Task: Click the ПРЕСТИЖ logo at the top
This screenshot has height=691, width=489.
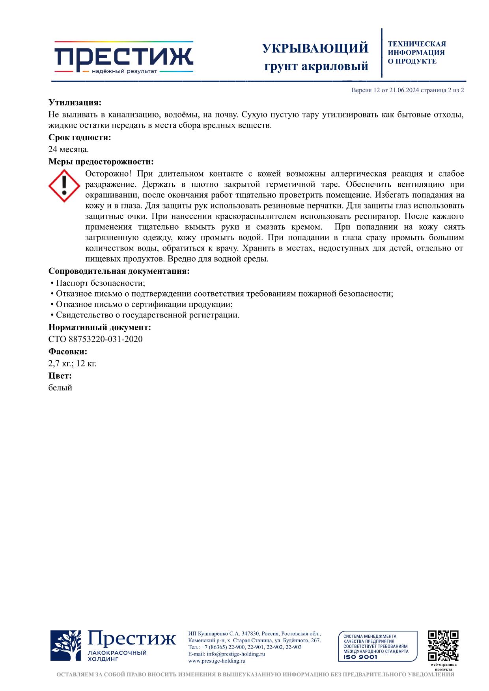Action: tap(123, 57)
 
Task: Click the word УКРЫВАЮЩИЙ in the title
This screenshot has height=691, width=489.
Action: tap(315, 48)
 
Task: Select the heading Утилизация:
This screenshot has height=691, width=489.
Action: tap(75, 103)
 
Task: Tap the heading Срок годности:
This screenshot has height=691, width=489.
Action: tap(80, 137)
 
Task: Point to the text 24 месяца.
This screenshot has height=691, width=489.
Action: tap(69, 149)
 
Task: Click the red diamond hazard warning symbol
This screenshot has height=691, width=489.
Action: tap(64, 186)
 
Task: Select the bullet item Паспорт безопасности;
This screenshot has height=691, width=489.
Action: tap(100, 283)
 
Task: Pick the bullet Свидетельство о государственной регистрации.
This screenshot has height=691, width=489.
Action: tap(147, 315)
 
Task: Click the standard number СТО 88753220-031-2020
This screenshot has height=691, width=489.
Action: tap(95, 339)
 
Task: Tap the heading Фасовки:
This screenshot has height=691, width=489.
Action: tap(68, 351)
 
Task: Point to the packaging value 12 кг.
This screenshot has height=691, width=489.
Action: tap(86, 363)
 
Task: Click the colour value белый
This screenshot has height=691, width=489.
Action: tap(60, 388)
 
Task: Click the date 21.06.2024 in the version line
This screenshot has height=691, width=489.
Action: tap(403, 90)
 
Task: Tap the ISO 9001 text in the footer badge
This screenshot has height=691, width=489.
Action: tap(360, 657)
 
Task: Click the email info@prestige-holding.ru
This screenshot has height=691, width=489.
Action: tap(236, 654)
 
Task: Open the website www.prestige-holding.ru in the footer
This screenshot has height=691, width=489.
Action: tap(217, 661)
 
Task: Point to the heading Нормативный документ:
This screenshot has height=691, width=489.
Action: tap(100, 327)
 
